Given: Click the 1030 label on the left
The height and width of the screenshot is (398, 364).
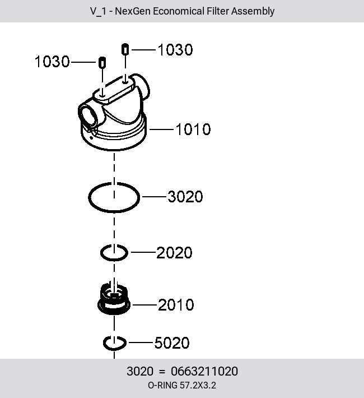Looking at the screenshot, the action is coord(52,62).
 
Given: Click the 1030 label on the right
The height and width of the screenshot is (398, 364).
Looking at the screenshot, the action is coord(175,50).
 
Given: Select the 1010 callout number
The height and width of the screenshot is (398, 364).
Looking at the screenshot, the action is coord(193,129).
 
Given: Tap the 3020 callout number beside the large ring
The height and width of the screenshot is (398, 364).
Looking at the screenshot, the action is coord(185,197).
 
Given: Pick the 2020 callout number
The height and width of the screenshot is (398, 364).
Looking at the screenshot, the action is coord(174,253).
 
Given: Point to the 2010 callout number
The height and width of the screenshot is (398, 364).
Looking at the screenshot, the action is coord(176,305).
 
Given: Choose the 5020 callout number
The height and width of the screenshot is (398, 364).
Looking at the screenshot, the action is coord(172,343).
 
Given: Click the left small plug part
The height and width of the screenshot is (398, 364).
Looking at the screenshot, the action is coord(102,62).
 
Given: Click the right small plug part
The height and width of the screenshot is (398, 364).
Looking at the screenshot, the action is coord(125,49).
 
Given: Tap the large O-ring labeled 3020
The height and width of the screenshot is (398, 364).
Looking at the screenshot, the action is coord(89,197).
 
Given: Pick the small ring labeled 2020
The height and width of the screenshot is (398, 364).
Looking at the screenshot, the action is coord(101,253).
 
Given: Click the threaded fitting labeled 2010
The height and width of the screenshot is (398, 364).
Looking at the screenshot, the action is coord(114,299).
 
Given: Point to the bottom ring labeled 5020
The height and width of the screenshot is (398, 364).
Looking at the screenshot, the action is coord(104,343).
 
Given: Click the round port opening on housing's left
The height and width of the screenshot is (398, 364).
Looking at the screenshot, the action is coord(88,115).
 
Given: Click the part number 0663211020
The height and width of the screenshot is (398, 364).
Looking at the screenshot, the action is coord(204,371).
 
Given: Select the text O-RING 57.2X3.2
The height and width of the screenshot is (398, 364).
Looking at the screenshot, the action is coord(182,385).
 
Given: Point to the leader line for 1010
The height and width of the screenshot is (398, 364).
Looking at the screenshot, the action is coord(161,129).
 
